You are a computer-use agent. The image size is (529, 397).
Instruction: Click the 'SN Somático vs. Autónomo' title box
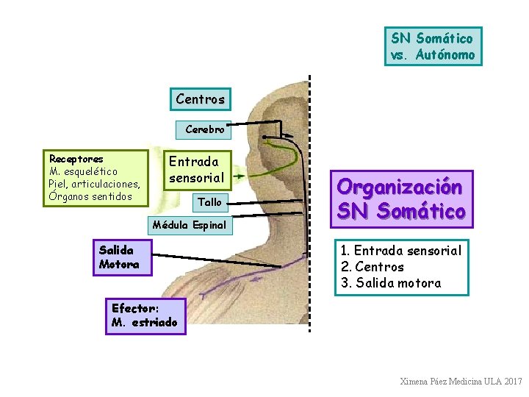433,46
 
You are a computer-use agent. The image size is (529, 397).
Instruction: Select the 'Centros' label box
201,99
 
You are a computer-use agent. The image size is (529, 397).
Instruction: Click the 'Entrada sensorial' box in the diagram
196,169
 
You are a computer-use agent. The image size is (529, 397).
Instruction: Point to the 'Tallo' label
209,201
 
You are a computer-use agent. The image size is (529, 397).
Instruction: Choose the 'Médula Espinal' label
189,224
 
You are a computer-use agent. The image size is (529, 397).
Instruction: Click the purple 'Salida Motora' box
122,257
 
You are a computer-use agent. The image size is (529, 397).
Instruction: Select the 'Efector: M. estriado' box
145,315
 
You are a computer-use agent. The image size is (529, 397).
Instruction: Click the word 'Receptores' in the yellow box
76,159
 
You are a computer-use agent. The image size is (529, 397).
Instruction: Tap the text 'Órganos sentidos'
90,196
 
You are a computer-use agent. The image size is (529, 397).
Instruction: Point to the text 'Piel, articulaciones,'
94,184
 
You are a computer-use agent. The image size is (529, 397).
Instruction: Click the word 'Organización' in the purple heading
400,187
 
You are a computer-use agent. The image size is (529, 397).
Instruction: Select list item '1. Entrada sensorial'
401,251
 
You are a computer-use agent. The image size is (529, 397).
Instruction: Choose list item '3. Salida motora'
391,283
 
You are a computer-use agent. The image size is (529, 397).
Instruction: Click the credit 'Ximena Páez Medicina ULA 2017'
461,382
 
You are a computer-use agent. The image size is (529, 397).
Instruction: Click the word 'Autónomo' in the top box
445,55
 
